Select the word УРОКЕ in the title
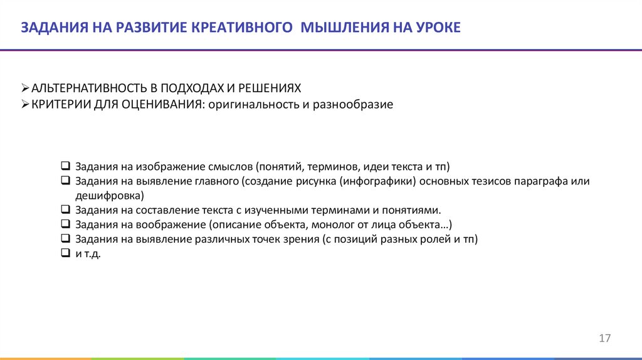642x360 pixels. click(437, 27)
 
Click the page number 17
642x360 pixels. click(604, 339)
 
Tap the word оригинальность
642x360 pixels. click(250, 104)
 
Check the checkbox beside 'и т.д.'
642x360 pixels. click(65, 253)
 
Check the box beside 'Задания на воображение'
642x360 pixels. click(65, 224)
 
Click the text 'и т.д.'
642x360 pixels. click(88, 254)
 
